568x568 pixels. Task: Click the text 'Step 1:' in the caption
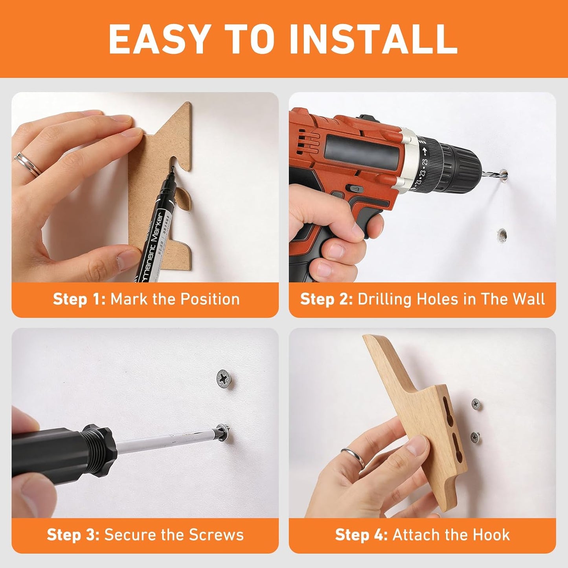[79, 300]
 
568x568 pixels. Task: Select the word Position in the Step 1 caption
[210, 299]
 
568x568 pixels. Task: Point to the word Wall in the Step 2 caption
[529, 299]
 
